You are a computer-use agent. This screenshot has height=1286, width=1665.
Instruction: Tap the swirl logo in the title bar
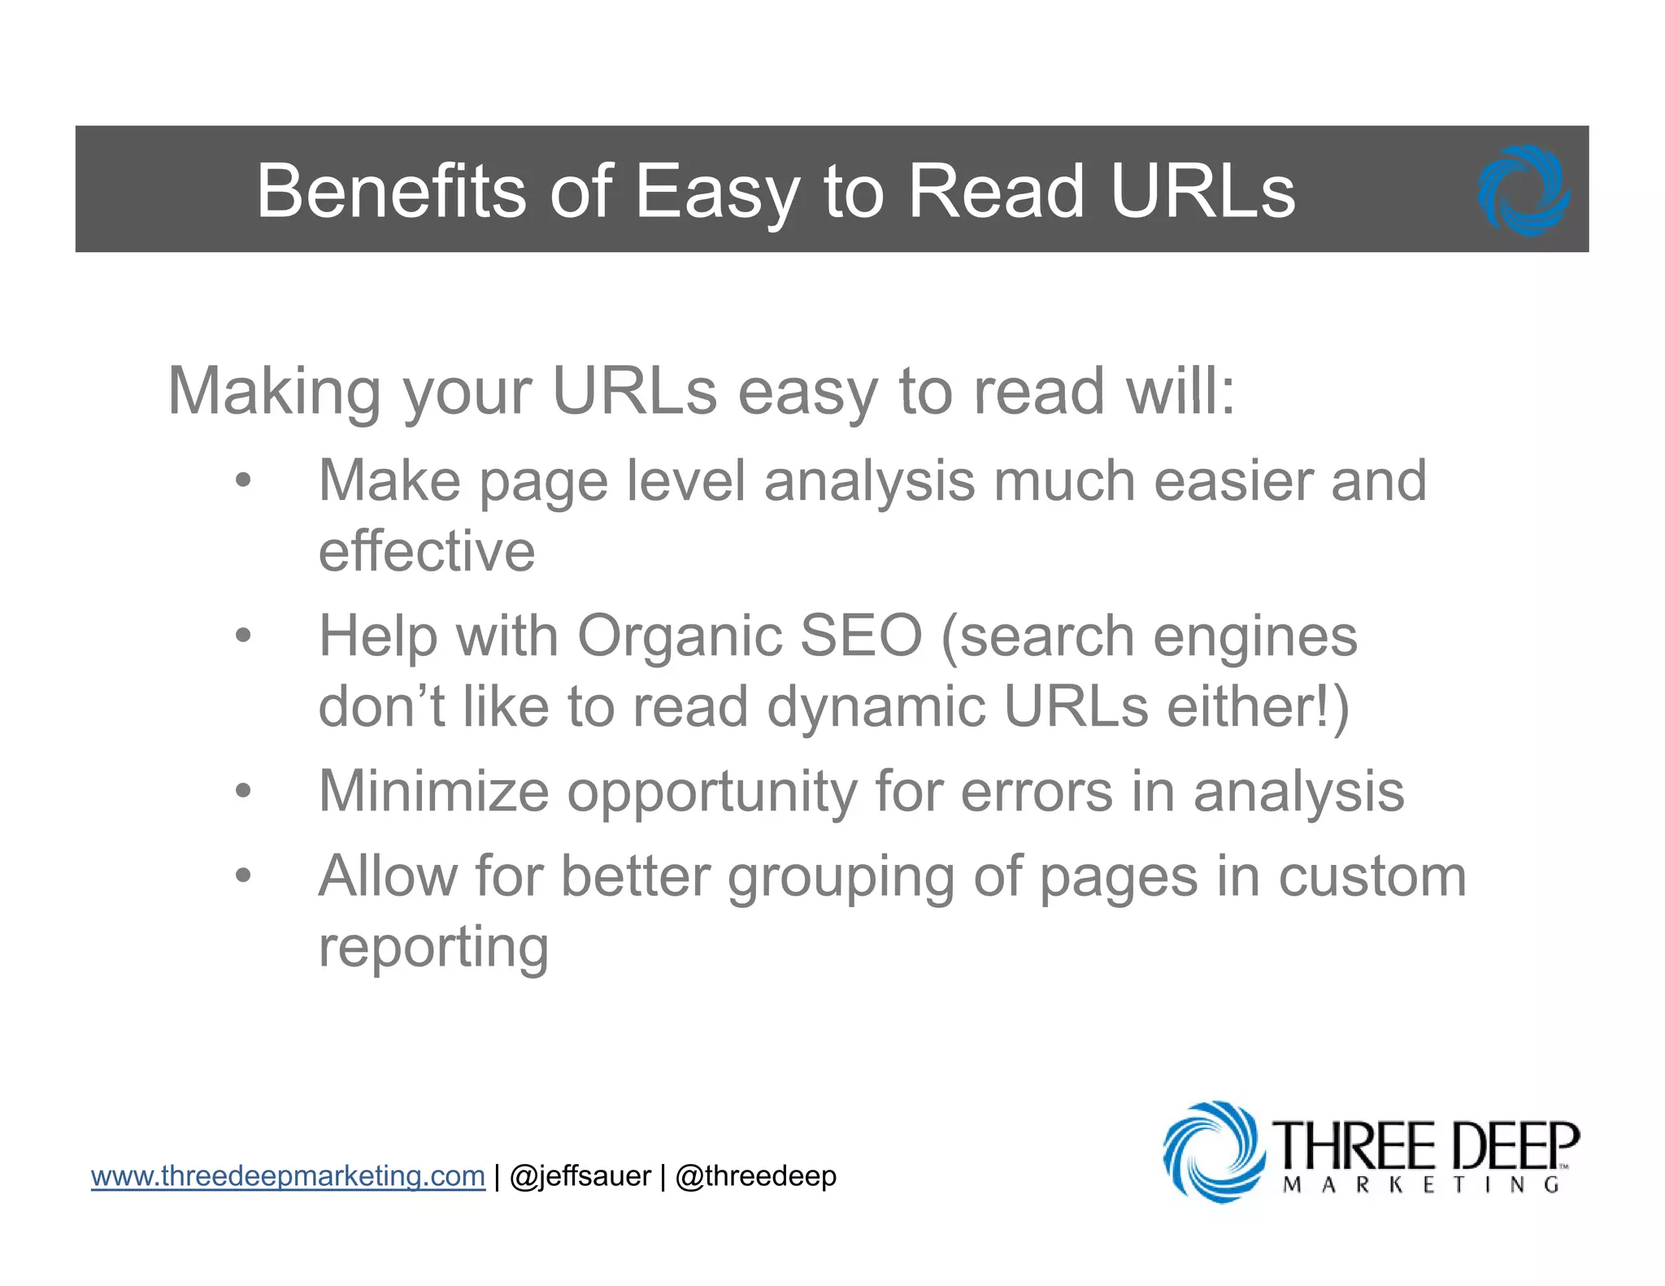pyautogui.click(x=1523, y=191)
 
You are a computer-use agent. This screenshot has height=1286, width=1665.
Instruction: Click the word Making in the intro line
pyautogui.click(x=274, y=392)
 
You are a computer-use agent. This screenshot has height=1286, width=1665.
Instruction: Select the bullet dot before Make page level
pyautogui.click(x=243, y=480)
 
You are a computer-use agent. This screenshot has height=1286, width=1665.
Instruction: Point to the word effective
pyautogui.click(x=427, y=552)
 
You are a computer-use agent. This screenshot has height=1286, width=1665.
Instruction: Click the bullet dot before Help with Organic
pyautogui.click(x=243, y=636)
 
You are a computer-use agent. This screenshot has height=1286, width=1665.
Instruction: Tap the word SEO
pyautogui.click(x=861, y=636)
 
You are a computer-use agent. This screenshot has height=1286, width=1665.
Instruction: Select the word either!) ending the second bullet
pyautogui.click(x=1258, y=706)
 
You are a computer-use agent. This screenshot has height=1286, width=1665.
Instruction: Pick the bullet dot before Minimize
pyautogui.click(x=243, y=791)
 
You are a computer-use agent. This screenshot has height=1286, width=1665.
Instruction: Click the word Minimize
pyautogui.click(x=433, y=791)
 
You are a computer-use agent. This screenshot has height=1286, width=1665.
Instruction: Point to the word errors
pyautogui.click(x=1037, y=791)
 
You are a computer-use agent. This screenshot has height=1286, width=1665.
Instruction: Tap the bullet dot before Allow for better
pyautogui.click(x=243, y=876)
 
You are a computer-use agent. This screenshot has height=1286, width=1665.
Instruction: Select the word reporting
pyautogui.click(x=433, y=948)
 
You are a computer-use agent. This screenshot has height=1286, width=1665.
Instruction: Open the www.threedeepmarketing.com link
pyautogui.click(x=288, y=1176)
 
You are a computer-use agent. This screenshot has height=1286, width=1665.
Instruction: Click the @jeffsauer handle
pyautogui.click(x=580, y=1176)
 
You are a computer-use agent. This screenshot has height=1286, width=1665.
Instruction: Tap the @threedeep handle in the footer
pyautogui.click(x=755, y=1176)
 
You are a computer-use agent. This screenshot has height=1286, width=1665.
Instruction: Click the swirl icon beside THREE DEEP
pyautogui.click(x=1214, y=1152)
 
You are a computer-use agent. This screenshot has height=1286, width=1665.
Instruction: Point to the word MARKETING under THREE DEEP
pyautogui.click(x=1421, y=1184)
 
